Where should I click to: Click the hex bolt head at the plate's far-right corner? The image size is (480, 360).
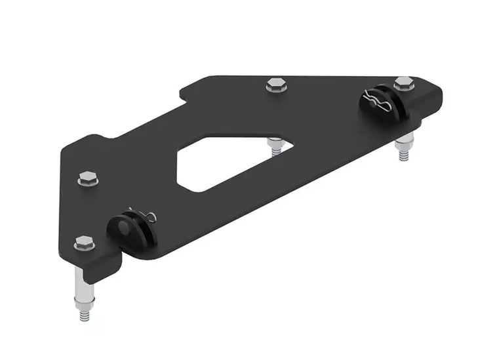point(404,82)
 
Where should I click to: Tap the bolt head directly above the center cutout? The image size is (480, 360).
point(274,85)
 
